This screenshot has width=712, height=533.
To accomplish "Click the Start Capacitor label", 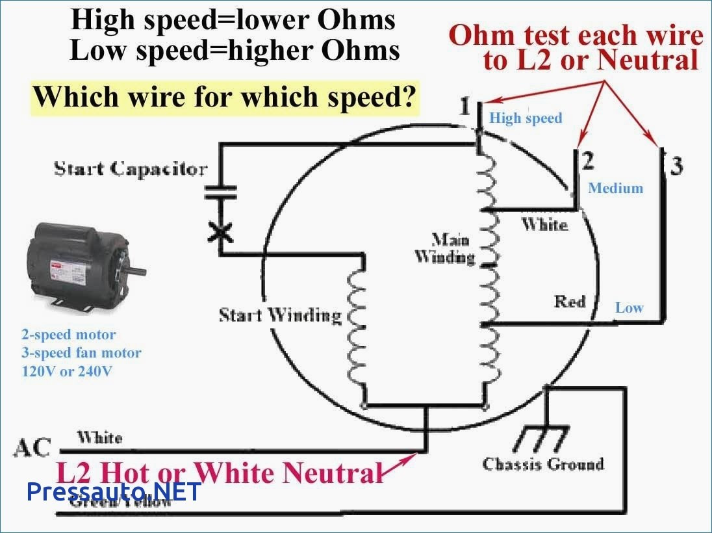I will tap(130, 169).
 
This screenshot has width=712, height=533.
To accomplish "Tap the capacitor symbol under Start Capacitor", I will tap(221, 192).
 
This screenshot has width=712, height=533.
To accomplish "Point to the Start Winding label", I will tap(279, 316).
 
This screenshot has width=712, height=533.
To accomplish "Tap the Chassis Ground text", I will tap(543, 463).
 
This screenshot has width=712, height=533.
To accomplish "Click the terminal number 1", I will tap(464, 107).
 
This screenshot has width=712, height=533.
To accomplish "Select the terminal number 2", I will tap(587, 161).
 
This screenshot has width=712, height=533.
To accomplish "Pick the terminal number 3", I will tap(677, 166).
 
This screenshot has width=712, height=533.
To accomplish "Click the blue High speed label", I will tap(526, 118).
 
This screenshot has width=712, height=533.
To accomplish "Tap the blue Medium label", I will tap(615, 188).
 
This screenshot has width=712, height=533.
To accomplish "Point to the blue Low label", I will tap(629, 308).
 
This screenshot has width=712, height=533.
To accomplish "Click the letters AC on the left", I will tap(32, 447).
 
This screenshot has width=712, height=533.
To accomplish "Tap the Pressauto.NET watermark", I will tap(114, 491).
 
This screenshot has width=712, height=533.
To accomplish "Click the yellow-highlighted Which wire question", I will tap(225, 97).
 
